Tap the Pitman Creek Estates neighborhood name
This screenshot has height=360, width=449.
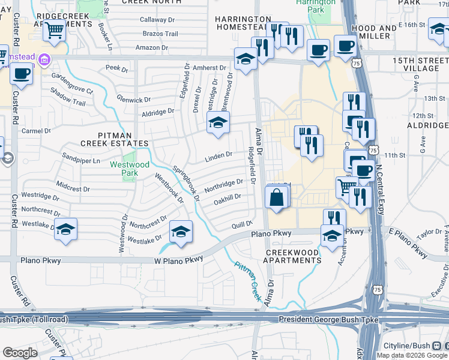click(115, 139)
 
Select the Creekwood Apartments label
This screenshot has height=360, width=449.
click(294, 257)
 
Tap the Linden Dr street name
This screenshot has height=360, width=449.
click(218, 155)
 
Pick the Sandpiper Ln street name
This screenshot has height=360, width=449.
click(81, 161)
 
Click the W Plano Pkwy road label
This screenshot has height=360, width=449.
click(179, 259)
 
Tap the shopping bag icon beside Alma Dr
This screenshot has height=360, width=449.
click(276, 197)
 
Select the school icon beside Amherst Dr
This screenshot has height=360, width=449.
click(245, 59)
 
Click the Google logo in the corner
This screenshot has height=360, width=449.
click(20, 353)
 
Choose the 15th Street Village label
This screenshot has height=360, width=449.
click(416, 65)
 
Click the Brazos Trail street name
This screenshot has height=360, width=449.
click(159, 34)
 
